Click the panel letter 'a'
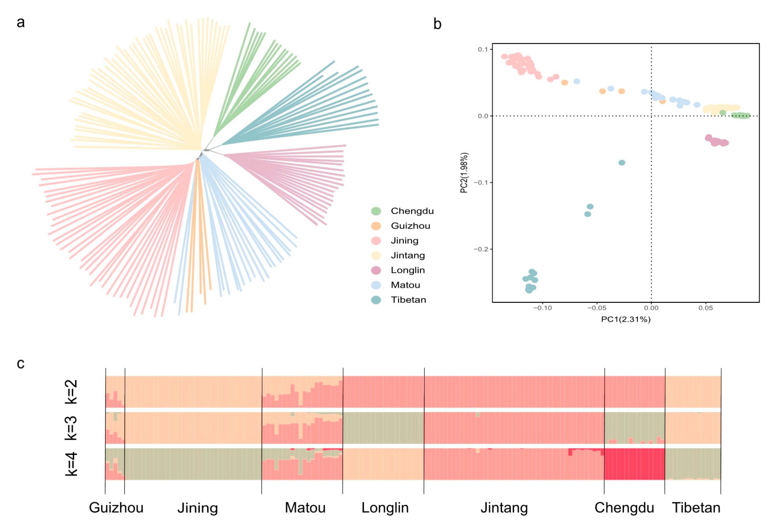click(x=21, y=23)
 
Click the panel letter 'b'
click(x=437, y=24)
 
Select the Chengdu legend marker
click(x=376, y=211)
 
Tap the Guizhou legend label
click(x=410, y=226)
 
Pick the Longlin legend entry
click(x=408, y=270)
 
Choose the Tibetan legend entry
click(x=408, y=300)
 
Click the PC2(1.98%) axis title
click(x=464, y=173)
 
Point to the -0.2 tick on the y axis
click(x=481, y=249)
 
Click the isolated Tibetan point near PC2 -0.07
click(x=622, y=162)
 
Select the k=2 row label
click(x=71, y=392)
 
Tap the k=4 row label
click(x=71, y=464)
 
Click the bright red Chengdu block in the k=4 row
click(x=634, y=464)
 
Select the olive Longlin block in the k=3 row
click(x=383, y=428)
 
